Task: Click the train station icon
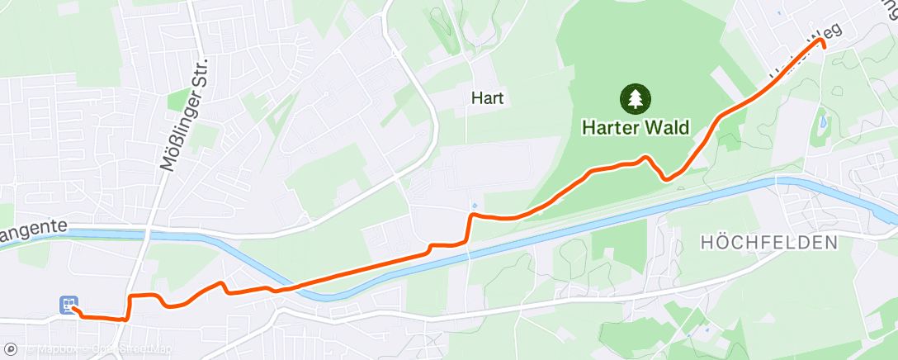69,305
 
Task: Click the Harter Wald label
635,128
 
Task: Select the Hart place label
487,98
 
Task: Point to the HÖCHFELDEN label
768,243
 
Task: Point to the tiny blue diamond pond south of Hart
475,205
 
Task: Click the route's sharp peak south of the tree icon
646,157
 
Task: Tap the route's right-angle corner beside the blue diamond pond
470,216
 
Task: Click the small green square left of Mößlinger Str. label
177,101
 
